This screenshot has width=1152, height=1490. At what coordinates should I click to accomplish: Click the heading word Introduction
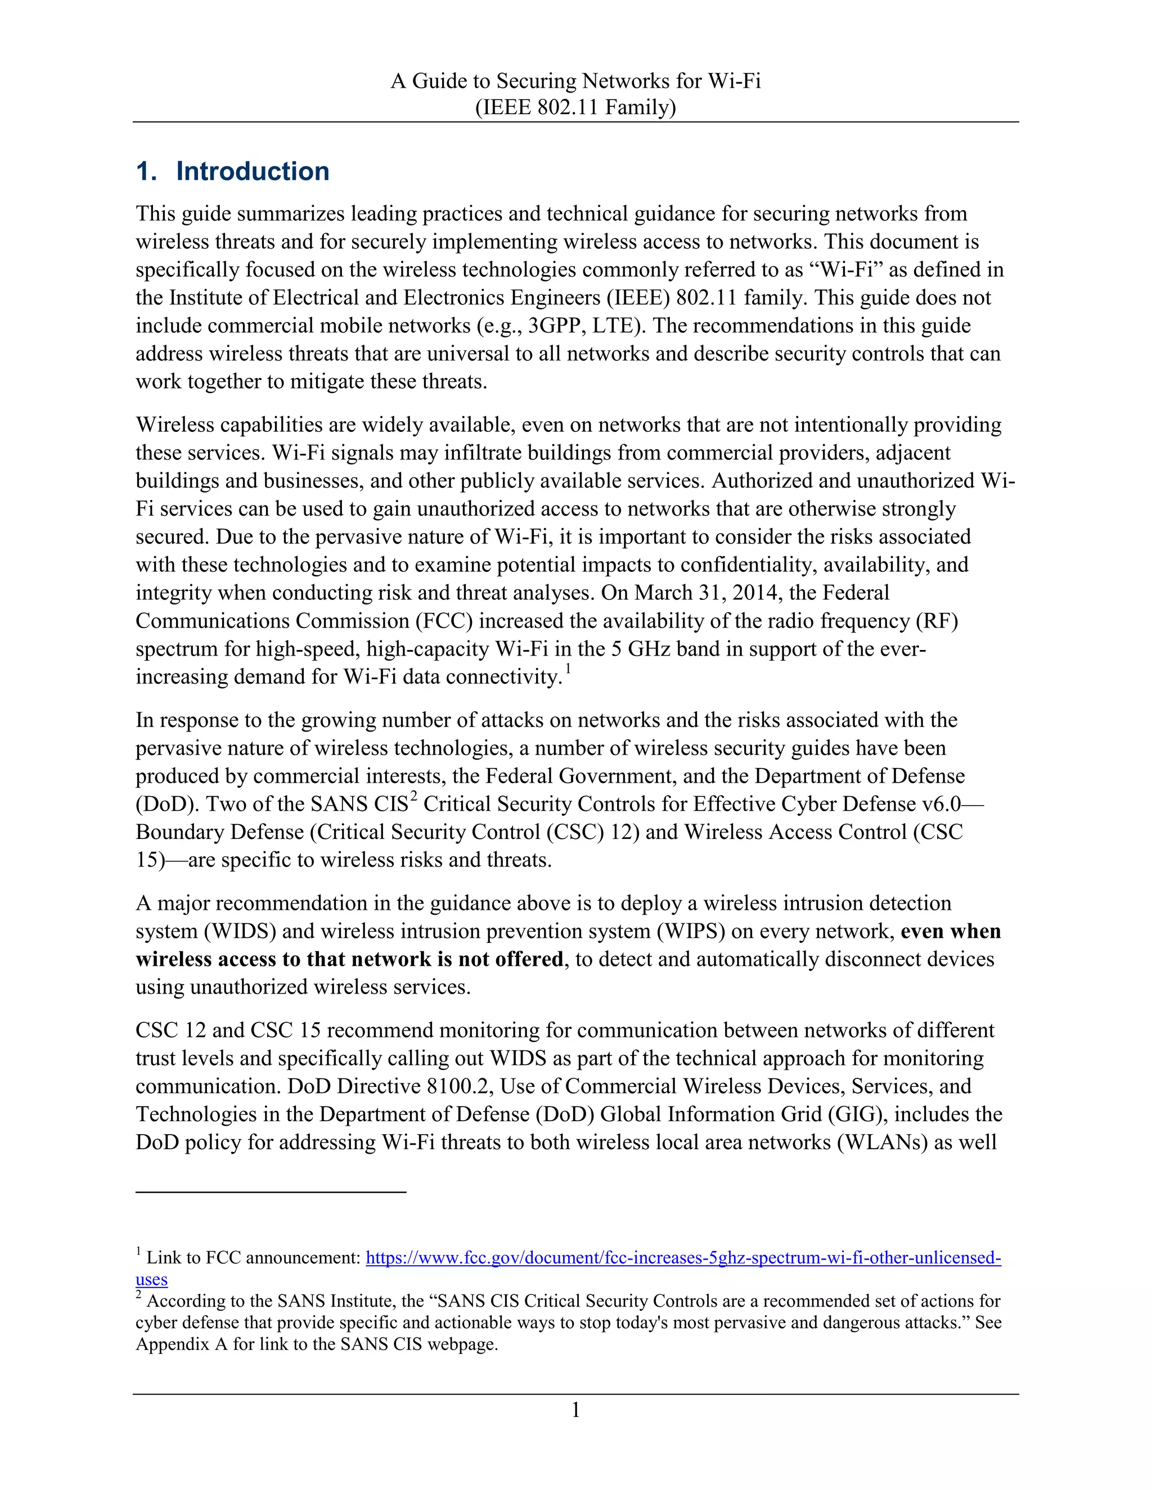pos(253,171)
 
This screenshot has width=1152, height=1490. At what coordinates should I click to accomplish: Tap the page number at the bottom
pos(575,1411)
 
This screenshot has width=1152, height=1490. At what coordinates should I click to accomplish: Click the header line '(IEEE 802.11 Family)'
pos(575,107)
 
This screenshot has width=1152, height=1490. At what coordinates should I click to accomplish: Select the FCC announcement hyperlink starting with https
pos(683,1257)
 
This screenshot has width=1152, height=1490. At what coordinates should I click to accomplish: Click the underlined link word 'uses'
pos(151,1279)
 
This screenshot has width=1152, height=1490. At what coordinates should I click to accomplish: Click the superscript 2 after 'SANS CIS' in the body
pos(413,796)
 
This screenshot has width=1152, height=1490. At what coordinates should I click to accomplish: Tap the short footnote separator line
pos(271,1192)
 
